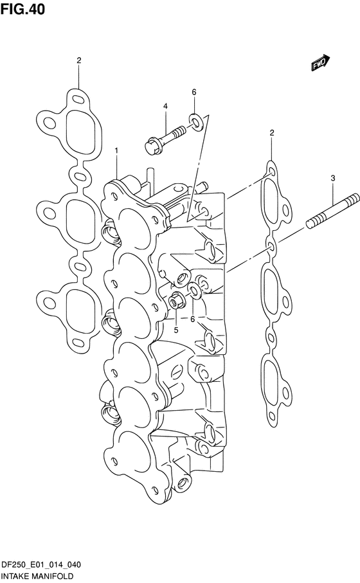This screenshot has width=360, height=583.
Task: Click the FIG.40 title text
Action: click(22, 9)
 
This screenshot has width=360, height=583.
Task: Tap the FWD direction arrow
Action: click(320, 63)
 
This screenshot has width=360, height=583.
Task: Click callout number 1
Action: click(116, 150)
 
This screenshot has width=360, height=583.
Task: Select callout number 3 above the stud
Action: click(333, 178)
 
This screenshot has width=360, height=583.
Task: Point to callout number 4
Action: click(165, 106)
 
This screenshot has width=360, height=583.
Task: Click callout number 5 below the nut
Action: click(176, 330)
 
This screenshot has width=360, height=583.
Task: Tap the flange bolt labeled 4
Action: click(165, 138)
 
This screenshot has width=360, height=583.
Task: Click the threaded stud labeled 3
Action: click(332, 213)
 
